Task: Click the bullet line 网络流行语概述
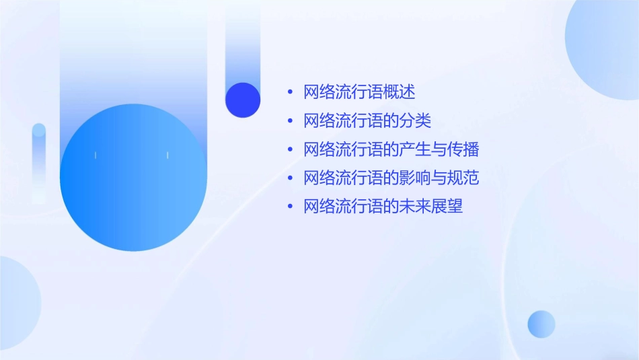click(359, 92)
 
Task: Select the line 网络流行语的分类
click(367, 121)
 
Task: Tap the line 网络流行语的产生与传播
click(391, 149)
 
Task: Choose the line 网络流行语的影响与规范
click(391, 178)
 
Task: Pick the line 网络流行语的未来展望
click(383, 207)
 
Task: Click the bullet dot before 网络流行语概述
click(290, 93)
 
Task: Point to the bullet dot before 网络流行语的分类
click(290, 122)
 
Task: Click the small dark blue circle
click(242, 100)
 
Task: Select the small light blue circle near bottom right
click(541, 324)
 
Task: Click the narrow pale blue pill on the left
click(39, 161)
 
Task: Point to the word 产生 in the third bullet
click(415, 149)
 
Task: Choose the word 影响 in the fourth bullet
click(415, 178)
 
